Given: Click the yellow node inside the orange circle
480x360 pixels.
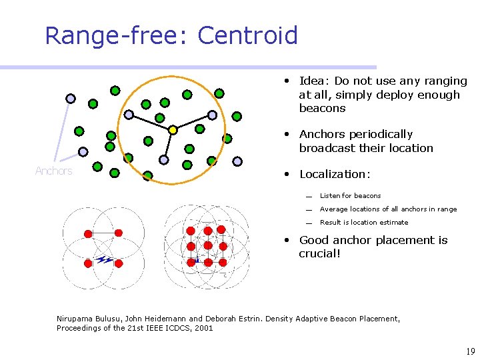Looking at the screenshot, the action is coord(172,129).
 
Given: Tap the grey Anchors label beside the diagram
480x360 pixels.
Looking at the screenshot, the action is coord(53,171).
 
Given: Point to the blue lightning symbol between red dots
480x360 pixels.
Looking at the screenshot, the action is coord(104,259).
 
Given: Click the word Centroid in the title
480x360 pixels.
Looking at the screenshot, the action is coord(247,35).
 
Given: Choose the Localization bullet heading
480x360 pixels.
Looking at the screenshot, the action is coord(334,174).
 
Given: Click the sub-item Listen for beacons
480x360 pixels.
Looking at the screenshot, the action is coord(350,196).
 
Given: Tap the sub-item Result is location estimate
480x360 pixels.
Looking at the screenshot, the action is coord(364,223).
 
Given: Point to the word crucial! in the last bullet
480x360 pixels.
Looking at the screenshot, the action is coord(320,254).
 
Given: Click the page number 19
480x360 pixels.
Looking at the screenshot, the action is coord(469,351).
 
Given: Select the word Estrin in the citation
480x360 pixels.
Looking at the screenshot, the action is coord(247,319).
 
